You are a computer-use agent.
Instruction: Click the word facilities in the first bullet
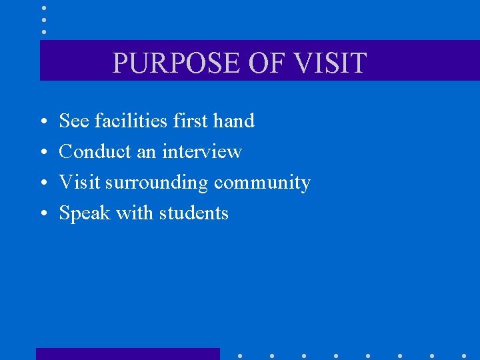pyautogui.click(x=131, y=121)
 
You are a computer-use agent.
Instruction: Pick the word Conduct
pyautogui.click(x=95, y=151)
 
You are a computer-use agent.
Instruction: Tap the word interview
pyautogui.click(x=201, y=151)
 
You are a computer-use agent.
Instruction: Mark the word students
pyautogui.click(x=195, y=213)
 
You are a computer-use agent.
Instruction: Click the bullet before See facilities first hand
pyautogui.click(x=42, y=122)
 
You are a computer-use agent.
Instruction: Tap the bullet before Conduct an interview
pyautogui.click(x=42, y=153)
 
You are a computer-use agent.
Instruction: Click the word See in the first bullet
pyautogui.click(x=74, y=121)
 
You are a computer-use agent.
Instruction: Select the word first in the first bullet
pyautogui.click(x=190, y=121)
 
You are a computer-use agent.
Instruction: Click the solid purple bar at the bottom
pyautogui.click(x=127, y=354)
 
